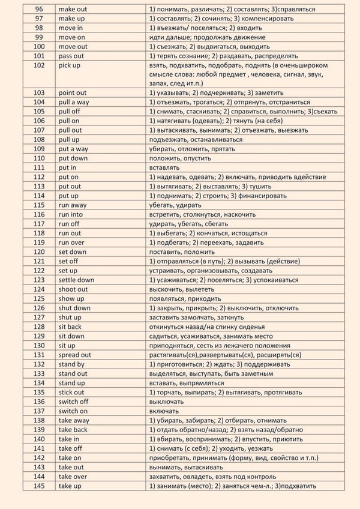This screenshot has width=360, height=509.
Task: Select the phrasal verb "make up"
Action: click(x=71, y=19)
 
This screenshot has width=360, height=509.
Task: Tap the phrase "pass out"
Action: click(x=71, y=56)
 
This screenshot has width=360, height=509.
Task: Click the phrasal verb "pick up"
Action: click(x=70, y=65)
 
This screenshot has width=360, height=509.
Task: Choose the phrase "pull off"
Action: click(x=70, y=112)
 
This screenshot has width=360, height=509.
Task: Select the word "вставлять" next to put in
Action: click(x=164, y=167)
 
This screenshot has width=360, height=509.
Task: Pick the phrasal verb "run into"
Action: click(x=71, y=214)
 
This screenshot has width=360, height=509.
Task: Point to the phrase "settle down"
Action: click(x=76, y=280)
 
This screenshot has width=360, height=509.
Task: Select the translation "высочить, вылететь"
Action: click(x=179, y=289)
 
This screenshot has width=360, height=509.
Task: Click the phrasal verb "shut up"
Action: click(x=70, y=317)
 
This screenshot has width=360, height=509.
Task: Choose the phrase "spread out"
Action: click(x=75, y=355)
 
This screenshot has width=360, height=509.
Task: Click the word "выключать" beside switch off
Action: click(x=166, y=401)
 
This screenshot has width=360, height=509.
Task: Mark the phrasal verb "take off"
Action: click(x=70, y=448)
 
